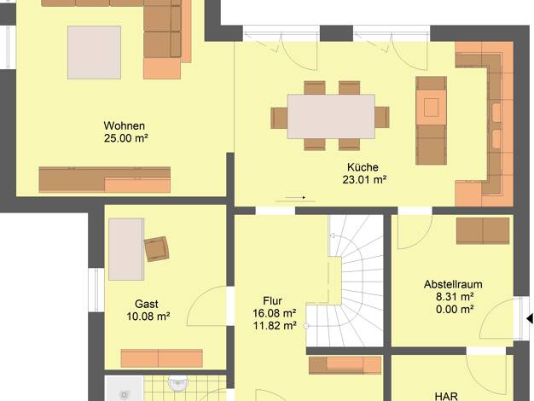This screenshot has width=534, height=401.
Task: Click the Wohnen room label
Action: point(125,125)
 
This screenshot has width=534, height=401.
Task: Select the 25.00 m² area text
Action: point(126,138)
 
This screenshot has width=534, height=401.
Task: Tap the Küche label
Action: point(363,167)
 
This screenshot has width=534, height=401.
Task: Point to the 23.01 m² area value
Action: point(364,179)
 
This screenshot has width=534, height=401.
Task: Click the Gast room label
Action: point(147,304)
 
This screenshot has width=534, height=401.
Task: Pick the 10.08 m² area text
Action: point(148,317)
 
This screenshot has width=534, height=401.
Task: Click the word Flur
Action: point(272,301)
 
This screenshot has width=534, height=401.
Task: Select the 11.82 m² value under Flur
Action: point(275,326)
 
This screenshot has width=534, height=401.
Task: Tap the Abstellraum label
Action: point(453,284)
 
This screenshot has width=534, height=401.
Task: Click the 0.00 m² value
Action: point(455,310)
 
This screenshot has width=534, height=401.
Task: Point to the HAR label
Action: point(446,396)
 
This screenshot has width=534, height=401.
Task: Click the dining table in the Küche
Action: point(331,117)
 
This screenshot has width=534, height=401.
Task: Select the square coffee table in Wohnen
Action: point(94,52)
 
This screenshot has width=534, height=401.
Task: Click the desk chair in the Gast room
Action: point(157,249)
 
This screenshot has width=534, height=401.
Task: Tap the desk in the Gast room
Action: point(126,249)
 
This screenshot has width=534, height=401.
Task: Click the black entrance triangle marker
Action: point(530,319)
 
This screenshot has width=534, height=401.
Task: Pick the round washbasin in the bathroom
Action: point(177,383)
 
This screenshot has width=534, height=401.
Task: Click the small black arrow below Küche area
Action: point(295,197)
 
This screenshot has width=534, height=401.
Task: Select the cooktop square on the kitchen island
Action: point(431,108)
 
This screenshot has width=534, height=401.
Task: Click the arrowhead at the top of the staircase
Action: point(332,235)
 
